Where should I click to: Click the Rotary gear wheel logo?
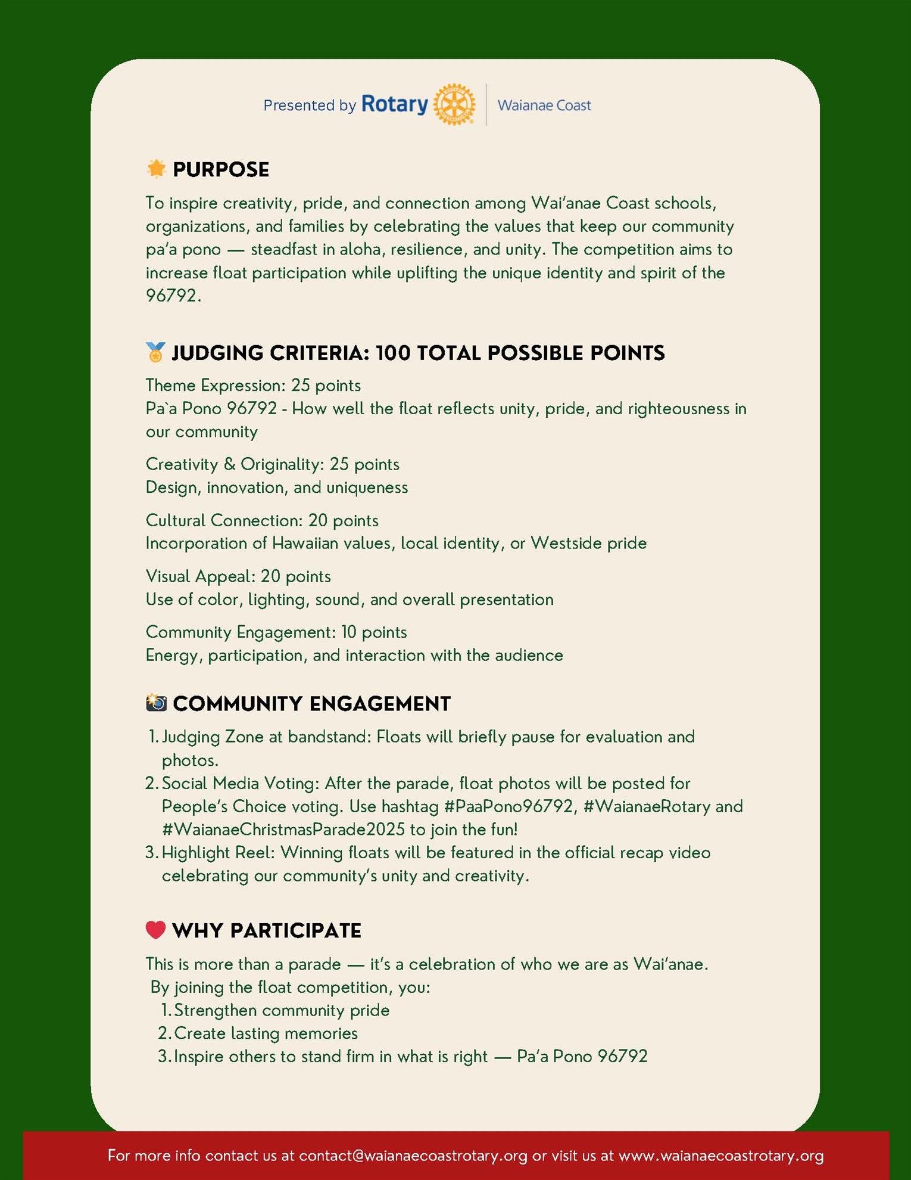tap(454, 105)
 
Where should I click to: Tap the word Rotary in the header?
tap(394, 104)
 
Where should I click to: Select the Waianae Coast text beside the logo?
tap(544, 105)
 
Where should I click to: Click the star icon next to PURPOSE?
tap(156, 169)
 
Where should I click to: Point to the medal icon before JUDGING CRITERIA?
tap(155, 352)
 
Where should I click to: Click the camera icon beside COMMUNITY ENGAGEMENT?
tap(156, 703)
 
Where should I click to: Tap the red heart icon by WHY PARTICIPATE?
tap(155, 930)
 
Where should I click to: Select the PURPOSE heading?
tap(221, 170)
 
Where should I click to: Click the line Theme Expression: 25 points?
tap(253, 386)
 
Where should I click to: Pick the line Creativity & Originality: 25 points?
tap(272, 464)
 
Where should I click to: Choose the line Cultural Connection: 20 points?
tap(262, 520)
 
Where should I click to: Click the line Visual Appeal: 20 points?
tap(238, 576)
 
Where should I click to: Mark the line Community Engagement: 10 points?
tap(276, 632)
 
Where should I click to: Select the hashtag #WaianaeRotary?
tap(647, 806)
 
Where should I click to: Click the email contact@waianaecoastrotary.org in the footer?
tap(413, 1156)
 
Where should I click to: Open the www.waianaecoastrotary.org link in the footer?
tap(721, 1156)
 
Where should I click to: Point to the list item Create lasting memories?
tap(266, 1033)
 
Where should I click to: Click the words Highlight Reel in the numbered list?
tap(218, 853)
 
